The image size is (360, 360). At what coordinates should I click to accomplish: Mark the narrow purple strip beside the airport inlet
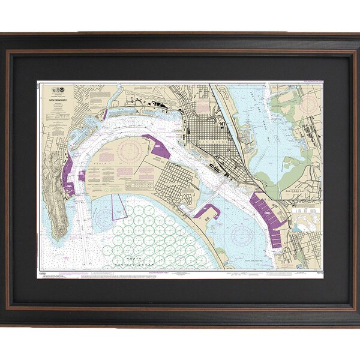[106, 113]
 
